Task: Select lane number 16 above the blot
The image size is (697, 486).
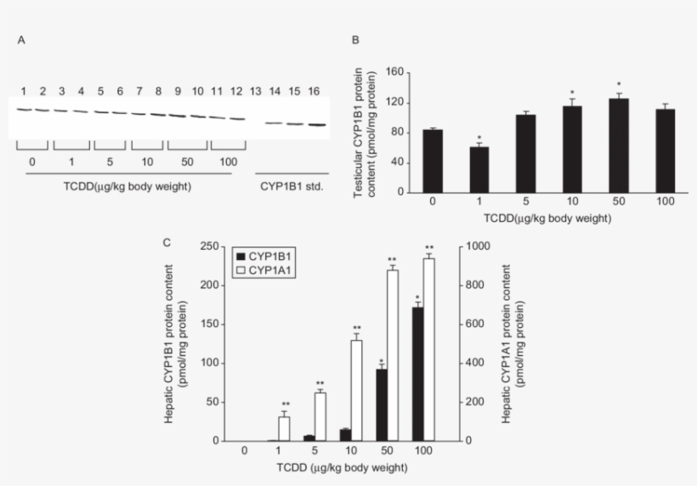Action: point(314,91)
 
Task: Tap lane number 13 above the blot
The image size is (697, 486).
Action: point(255,91)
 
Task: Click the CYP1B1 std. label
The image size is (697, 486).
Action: point(291,185)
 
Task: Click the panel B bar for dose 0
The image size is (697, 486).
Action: point(433,161)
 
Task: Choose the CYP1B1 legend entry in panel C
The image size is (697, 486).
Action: point(262,255)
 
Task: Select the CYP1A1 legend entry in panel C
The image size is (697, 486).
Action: point(262,268)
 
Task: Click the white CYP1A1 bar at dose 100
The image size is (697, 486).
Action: point(428,349)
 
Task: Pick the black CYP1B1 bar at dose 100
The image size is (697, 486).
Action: point(416,374)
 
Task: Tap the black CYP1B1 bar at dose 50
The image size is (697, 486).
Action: point(382,404)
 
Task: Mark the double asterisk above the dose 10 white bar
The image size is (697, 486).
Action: point(356,329)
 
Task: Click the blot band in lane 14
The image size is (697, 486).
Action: point(274,123)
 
